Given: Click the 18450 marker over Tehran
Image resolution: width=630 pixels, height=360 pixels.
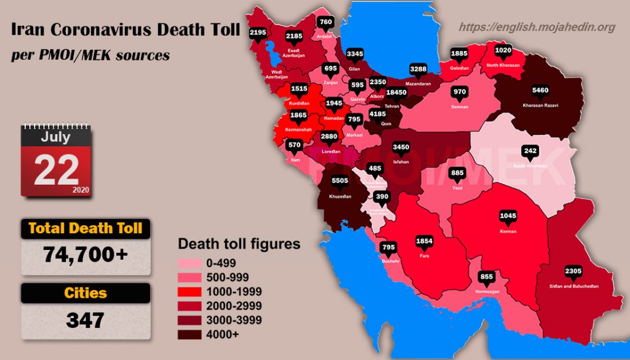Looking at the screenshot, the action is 396,93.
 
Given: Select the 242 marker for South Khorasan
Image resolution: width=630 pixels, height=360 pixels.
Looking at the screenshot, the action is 530,151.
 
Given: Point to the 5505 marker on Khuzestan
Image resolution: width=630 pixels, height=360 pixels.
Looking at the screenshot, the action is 340,182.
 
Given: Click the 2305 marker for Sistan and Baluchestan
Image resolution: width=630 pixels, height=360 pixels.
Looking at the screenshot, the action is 573,271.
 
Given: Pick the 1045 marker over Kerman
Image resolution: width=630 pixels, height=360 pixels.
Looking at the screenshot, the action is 508,216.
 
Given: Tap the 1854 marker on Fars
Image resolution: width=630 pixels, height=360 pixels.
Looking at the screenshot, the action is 425,241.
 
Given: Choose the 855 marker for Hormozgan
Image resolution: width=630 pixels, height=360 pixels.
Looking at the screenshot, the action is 487,277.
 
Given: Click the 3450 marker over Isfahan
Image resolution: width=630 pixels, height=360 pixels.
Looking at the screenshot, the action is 401,148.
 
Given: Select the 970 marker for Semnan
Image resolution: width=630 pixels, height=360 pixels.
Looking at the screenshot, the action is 460,92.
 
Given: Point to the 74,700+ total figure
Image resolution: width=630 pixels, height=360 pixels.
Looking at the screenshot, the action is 86,253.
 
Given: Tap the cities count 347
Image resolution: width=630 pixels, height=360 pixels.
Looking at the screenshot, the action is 86,320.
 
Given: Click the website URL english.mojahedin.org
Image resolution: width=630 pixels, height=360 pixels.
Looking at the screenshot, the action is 537,27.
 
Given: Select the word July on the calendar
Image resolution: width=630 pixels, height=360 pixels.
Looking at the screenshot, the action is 55,137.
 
